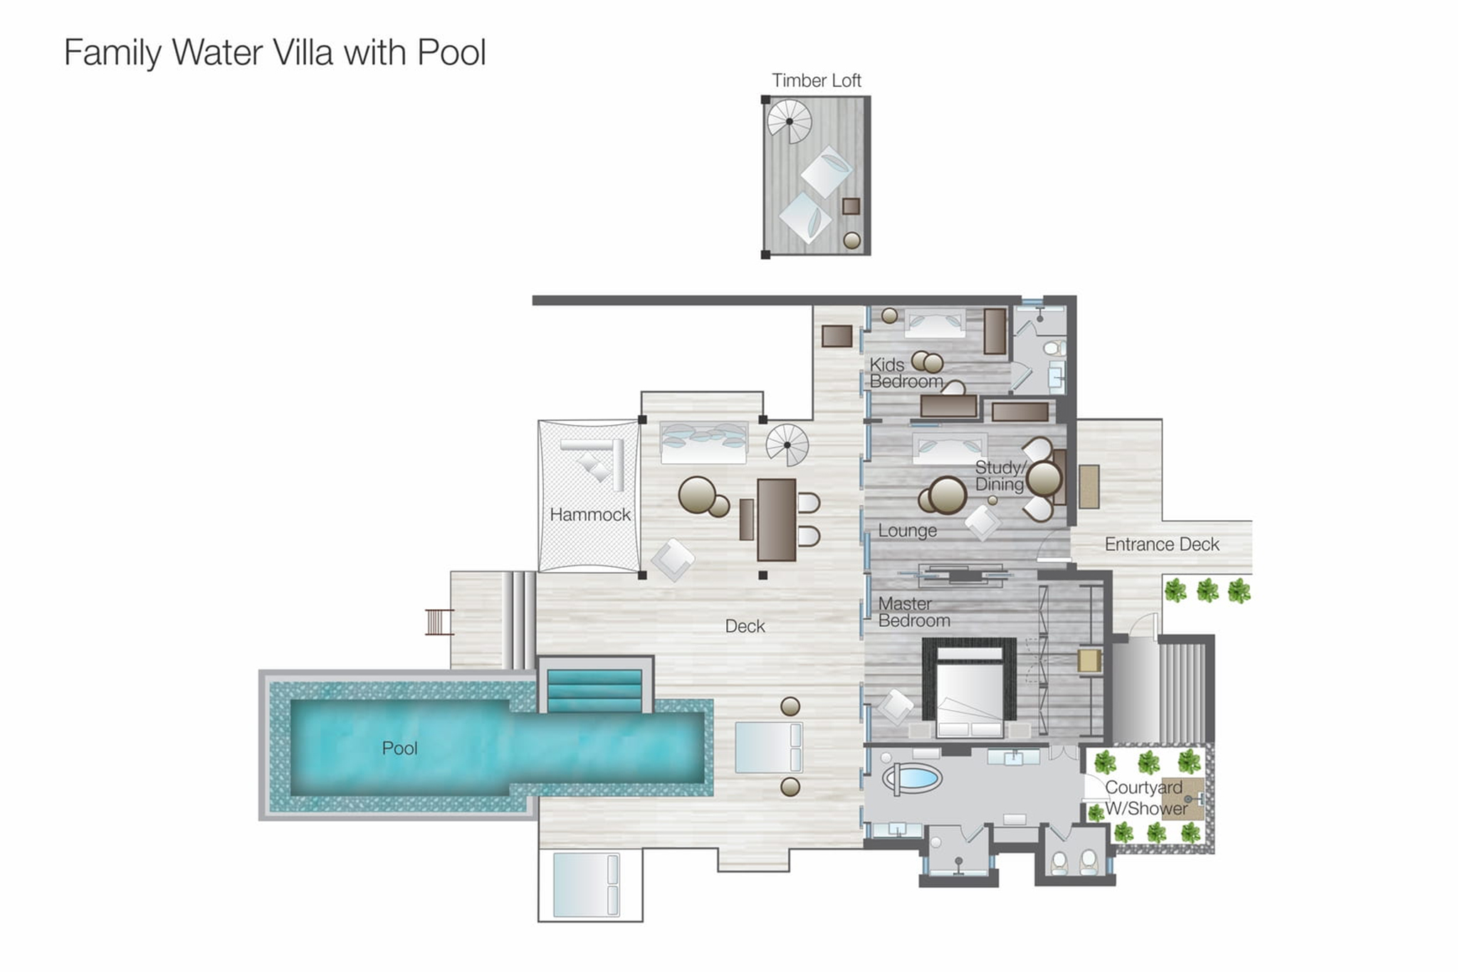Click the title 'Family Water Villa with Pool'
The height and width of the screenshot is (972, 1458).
click(x=275, y=53)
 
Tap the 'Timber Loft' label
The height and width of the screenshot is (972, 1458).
click(x=817, y=80)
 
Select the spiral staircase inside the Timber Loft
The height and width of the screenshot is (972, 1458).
click(x=789, y=122)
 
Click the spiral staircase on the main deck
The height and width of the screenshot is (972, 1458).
click(x=787, y=445)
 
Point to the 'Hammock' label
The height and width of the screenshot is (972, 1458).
click(x=589, y=514)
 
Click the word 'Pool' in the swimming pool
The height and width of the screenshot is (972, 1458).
click(x=399, y=748)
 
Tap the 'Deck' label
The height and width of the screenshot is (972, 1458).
click(x=745, y=626)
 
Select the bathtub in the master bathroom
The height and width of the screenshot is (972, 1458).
click(x=911, y=777)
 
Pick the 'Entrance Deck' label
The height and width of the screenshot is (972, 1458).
click(x=1162, y=544)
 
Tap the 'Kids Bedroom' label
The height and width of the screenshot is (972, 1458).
click(x=905, y=373)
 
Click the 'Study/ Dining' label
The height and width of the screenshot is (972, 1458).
click(x=1000, y=476)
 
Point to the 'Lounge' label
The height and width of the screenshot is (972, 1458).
click(x=907, y=530)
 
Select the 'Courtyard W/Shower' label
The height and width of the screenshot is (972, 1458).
click(x=1145, y=798)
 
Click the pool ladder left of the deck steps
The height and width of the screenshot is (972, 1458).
click(x=439, y=622)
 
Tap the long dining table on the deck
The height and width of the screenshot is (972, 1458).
click(x=776, y=519)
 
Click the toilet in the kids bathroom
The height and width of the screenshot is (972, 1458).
click(x=1054, y=348)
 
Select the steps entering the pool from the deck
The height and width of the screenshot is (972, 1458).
click(x=594, y=690)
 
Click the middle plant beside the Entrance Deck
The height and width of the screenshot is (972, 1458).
click(x=1207, y=591)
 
